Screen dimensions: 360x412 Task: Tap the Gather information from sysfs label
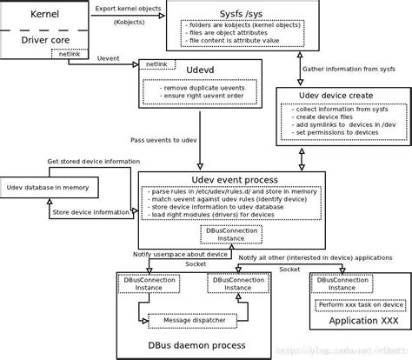click(349, 69)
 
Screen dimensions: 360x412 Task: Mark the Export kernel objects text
click(128, 8)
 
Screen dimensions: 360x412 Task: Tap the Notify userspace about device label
click(181, 254)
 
